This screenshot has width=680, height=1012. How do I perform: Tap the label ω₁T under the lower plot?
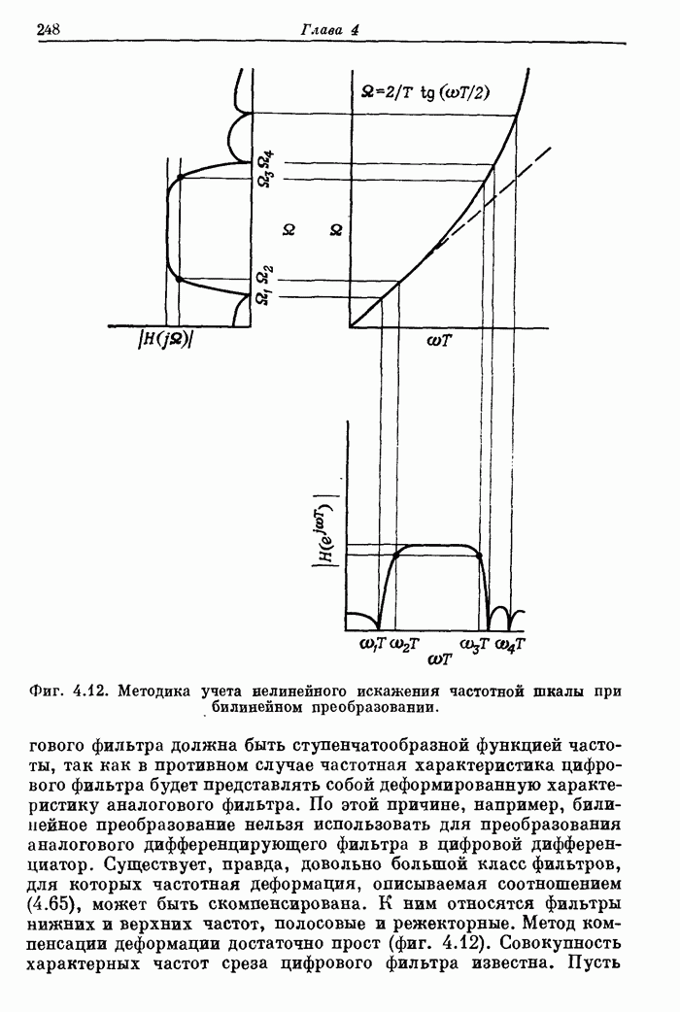375,643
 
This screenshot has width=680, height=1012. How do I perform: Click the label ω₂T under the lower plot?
405,643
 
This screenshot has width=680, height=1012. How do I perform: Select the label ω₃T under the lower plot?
475,643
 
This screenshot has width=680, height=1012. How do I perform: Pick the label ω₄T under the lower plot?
511,643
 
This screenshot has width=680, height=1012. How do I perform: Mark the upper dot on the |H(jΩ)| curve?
181,179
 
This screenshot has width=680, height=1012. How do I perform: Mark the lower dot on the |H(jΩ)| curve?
181,280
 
